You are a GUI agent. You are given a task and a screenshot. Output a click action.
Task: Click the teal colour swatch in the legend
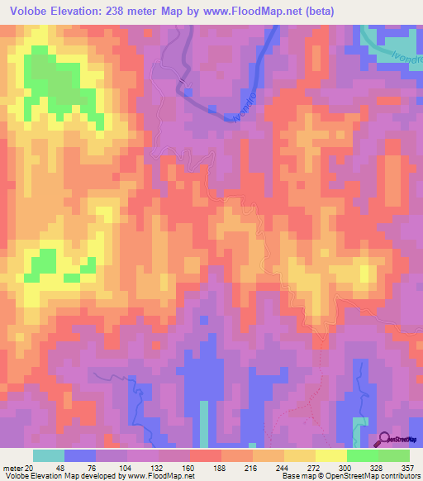point(49,455)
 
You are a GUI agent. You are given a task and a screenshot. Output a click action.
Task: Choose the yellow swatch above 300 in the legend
point(330,455)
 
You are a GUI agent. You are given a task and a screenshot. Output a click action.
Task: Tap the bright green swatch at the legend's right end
point(394,455)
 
